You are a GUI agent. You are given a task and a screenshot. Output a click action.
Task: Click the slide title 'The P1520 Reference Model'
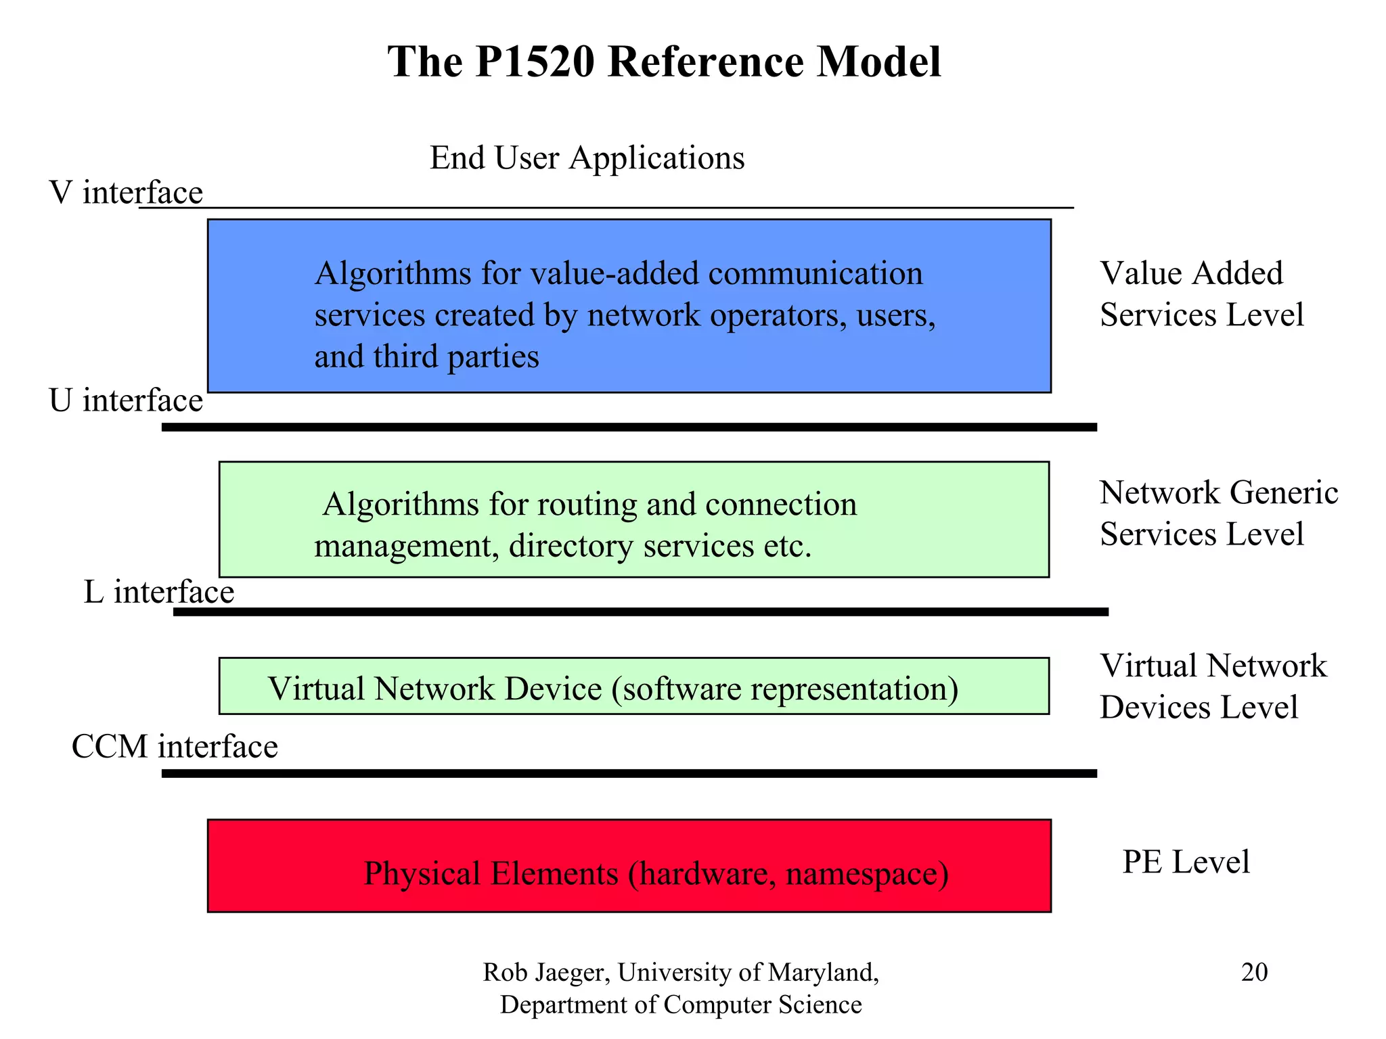pyautogui.click(x=664, y=62)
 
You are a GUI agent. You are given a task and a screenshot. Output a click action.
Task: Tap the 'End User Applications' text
pyautogui.click(x=587, y=158)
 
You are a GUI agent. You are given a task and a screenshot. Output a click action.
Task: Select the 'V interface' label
pyautogui.click(x=126, y=193)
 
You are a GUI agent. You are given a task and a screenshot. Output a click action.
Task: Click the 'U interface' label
pyautogui.click(x=126, y=400)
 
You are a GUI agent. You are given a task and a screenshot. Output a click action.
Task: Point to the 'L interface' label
pyautogui.click(x=159, y=593)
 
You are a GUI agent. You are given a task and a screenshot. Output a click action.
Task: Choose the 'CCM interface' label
pyautogui.click(x=175, y=747)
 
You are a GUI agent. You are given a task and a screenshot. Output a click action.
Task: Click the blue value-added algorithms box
pyautogui.click(x=629, y=306)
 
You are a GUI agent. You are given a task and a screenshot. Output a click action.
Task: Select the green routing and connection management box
pyautogui.click(x=633, y=519)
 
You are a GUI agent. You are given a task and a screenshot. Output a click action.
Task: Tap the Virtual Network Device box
pyautogui.click(x=633, y=687)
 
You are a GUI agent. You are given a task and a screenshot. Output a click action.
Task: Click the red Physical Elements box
pyautogui.click(x=629, y=867)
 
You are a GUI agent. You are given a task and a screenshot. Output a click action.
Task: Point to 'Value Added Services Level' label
pyautogui.click(x=1201, y=294)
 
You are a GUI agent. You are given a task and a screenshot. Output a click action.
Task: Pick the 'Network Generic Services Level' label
pyautogui.click(x=1218, y=513)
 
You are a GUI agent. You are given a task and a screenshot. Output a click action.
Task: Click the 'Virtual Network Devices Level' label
pyautogui.click(x=1212, y=687)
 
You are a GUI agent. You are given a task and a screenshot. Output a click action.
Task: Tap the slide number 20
pyautogui.click(x=1254, y=972)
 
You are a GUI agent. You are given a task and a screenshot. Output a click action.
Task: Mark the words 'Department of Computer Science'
pyautogui.click(x=681, y=1005)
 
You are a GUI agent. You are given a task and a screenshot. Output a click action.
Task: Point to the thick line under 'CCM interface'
pyautogui.click(x=629, y=773)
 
